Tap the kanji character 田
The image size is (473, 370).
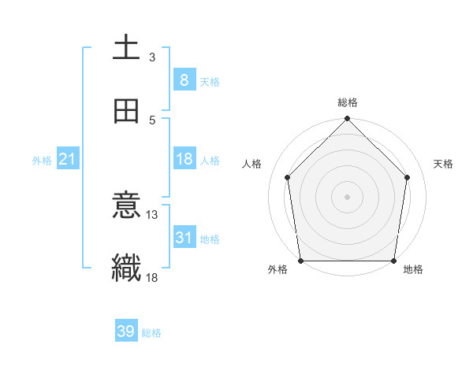tap(127, 111)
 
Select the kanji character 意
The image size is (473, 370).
tap(127, 207)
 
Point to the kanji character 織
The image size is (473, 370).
tap(127, 267)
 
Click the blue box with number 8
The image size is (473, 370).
tap(184, 80)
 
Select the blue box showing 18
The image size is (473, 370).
tap(184, 159)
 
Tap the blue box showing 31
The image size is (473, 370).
tap(184, 237)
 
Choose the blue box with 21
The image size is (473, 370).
tap(67, 159)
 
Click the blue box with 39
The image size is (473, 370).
tap(125, 331)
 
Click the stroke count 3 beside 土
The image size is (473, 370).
tap(152, 57)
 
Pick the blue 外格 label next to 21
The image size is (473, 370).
tap(42, 160)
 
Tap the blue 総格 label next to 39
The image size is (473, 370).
tap(151, 332)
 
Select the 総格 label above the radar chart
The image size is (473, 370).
tap(348, 102)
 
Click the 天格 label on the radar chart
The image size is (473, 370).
tap(443, 164)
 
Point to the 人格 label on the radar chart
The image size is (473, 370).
tap(253, 164)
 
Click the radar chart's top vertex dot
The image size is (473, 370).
tap(348, 120)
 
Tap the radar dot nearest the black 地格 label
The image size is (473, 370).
tap(393, 261)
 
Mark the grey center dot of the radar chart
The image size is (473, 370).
tap(348, 196)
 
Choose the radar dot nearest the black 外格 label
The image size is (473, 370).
tap(301, 261)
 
